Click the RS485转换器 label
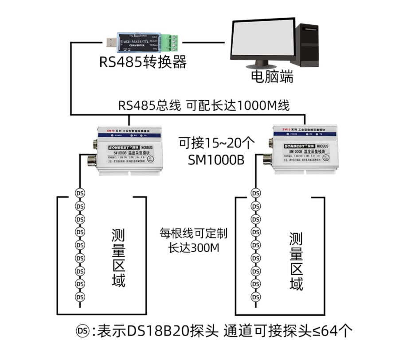[x=142, y=62]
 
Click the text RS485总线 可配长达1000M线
[x=203, y=106]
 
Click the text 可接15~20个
[x=217, y=143]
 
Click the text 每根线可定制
[x=194, y=232]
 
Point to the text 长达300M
[x=194, y=248]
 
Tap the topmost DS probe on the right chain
[x=256, y=193]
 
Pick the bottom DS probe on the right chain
[x=256, y=296]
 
